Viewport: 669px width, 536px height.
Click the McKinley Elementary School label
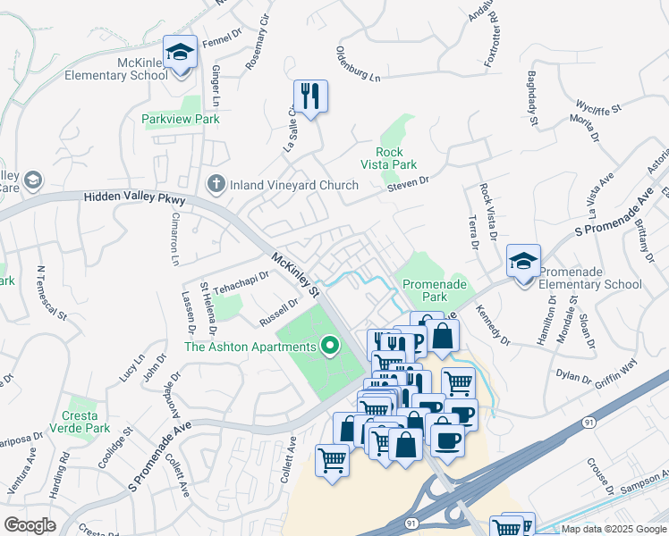(116, 69)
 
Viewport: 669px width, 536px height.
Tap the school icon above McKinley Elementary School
(181, 53)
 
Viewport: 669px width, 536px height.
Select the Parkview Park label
(181, 118)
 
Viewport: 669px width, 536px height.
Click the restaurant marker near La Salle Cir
(310, 96)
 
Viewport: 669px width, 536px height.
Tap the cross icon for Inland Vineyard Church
(215, 185)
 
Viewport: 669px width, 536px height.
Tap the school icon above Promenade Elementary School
(523, 261)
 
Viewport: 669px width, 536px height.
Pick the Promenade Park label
(435, 290)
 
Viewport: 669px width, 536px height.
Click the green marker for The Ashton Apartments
(330, 346)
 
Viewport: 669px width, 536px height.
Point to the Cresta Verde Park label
(86, 422)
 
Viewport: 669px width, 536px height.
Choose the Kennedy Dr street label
(493, 325)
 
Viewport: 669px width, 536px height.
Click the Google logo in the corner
(30, 525)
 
